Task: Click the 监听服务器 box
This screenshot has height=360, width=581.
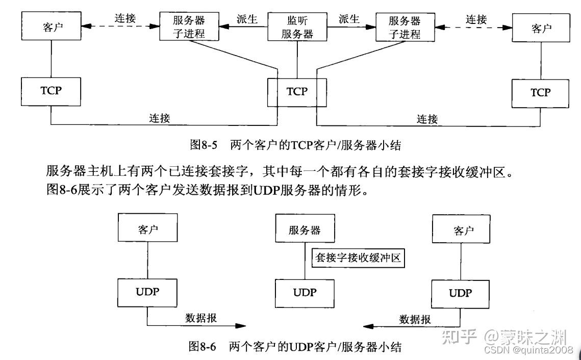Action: click(297, 27)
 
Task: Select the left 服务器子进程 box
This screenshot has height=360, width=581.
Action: click(189, 27)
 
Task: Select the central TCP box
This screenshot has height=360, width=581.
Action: click(297, 92)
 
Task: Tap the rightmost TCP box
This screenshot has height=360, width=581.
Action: click(541, 92)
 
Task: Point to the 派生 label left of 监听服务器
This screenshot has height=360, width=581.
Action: click(247, 19)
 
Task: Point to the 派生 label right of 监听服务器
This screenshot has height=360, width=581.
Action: click(349, 19)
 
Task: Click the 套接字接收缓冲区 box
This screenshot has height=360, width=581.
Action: click(357, 258)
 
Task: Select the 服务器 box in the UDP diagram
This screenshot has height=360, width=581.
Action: click(305, 230)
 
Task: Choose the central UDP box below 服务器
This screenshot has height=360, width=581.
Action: click(305, 293)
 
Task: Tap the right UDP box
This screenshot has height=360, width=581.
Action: click(460, 293)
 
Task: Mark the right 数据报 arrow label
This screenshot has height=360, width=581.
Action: click(415, 319)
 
